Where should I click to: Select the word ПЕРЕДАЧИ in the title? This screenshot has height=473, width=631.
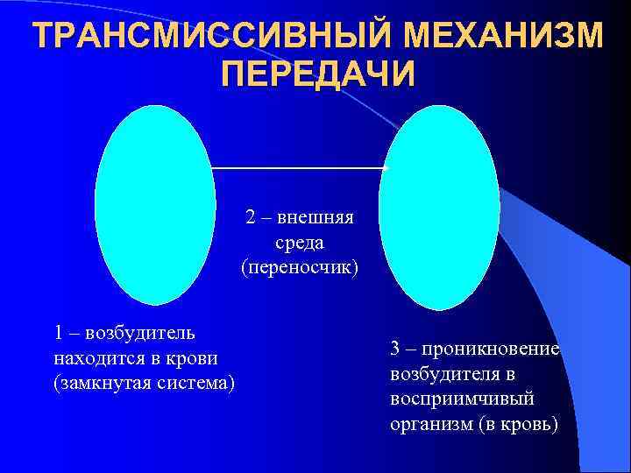coord(317,74)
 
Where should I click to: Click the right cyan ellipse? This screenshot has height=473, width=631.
coord(438,207)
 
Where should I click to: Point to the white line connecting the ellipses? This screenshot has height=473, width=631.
coord(298,167)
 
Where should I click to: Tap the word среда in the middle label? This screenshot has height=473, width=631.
coord(300,240)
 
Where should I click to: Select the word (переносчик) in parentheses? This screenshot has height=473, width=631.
coord(300,265)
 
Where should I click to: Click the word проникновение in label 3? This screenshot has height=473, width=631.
coord(490,349)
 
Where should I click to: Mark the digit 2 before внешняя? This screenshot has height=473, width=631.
coord(250,215)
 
